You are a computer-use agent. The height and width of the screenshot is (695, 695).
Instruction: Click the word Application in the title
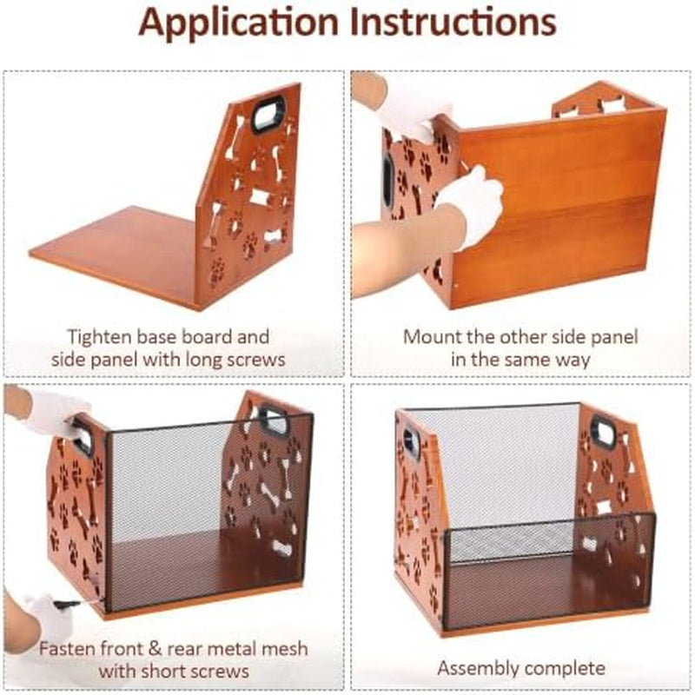coord(238,23)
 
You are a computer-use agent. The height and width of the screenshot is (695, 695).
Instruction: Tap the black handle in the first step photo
coord(268,114)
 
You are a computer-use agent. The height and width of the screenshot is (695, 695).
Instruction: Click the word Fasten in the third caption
coord(67,648)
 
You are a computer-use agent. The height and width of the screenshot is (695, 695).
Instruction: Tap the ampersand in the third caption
coord(156,649)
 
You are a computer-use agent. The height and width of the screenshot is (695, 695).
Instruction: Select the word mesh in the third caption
coord(285,648)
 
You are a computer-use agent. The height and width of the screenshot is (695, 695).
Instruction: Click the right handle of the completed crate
coord(605,431)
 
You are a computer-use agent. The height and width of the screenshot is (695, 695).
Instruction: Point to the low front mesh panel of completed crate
coord(550,572)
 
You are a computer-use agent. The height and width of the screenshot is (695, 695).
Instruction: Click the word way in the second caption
coord(573,360)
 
